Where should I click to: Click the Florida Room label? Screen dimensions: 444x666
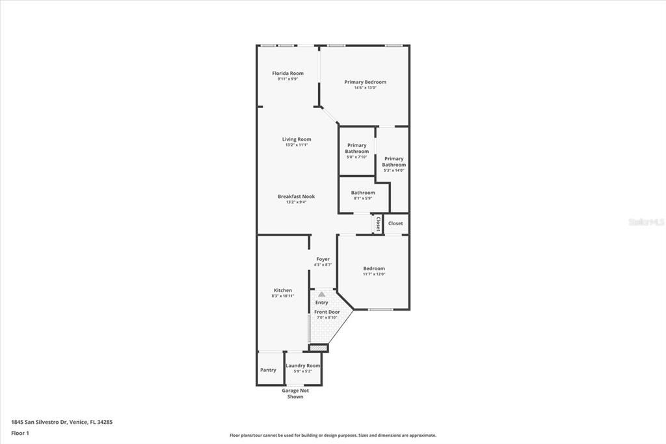(x=287, y=74)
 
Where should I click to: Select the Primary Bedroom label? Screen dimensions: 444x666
(x=365, y=82)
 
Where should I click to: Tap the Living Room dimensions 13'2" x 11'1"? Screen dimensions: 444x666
(x=296, y=145)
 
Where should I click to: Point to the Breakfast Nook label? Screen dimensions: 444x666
(x=296, y=197)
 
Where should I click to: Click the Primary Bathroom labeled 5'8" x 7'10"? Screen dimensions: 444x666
(x=356, y=148)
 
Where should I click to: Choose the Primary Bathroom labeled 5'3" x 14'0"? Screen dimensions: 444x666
(x=393, y=161)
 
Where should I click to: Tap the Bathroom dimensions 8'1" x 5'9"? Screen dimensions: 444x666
(x=363, y=199)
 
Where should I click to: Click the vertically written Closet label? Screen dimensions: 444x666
(x=378, y=224)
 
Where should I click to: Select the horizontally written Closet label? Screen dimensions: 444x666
(x=395, y=223)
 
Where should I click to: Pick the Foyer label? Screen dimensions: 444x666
(x=323, y=259)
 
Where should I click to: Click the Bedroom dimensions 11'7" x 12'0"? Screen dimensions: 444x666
(x=374, y=274)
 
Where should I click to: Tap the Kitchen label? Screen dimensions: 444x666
(x=282, y=290)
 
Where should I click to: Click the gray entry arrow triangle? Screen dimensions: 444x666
(x=321, y=294)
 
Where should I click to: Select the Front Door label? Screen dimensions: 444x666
(x=327, y=312)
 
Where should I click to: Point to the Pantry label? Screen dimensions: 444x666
(x=268, y=370)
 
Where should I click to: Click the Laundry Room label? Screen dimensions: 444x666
(x=303, y=366)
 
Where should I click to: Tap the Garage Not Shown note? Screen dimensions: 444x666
(x=295, y=393)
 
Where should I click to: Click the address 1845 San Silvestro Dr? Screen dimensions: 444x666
(x=43, y=422)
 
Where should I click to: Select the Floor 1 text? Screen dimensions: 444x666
(x=20, y=433)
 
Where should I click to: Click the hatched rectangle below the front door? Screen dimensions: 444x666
(x=318, y=348)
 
